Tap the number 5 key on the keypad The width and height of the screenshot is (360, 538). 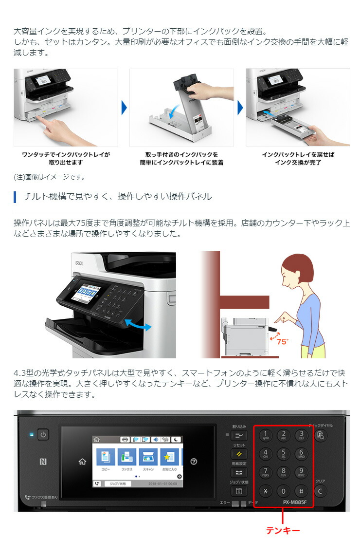coord(284,454)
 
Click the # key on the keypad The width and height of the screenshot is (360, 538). coord(302,491)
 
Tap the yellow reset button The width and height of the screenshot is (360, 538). coord(239,454)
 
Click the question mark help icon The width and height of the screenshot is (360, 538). coord(194,461)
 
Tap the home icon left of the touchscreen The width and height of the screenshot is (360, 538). coord(82,461)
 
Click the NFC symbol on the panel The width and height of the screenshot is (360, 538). coord(43,461)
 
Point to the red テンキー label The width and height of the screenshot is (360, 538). coord(283,530)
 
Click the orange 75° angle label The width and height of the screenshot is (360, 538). coord(282,341)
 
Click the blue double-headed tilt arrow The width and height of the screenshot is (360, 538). coord(138,325)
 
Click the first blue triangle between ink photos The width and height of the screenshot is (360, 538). coord(124,108)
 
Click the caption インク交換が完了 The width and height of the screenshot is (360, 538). coord(298,163)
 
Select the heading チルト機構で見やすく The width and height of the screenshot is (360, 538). coord(117,197)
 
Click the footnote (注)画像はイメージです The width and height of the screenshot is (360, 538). coord(49,177)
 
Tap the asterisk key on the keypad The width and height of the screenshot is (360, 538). coord(266,491)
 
